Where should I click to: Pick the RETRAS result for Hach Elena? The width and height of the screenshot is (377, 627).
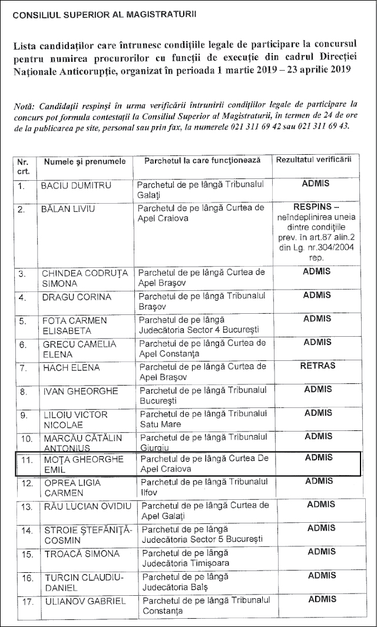[x=318, y=366]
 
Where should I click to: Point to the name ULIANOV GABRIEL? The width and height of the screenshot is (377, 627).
[x=84, y=601]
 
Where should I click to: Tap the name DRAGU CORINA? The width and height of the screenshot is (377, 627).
[x=75, y=297]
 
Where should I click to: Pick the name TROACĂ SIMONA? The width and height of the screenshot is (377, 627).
[x=81, y=555]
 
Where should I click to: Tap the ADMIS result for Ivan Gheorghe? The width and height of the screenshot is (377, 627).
[x=318, y=389]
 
